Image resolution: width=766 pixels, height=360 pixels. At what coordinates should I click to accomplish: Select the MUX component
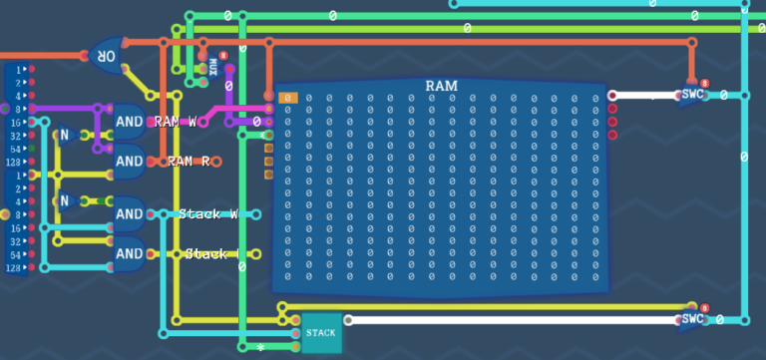tap(212, 67)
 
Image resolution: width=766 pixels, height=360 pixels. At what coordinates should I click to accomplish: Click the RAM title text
tap(441, 86)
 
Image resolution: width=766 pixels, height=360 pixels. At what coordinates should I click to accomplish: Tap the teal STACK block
tap(321, 332)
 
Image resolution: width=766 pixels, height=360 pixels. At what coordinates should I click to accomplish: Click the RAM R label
tap(188, 160)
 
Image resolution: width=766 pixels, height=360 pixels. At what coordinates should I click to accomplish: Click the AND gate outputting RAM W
tap(129, 121)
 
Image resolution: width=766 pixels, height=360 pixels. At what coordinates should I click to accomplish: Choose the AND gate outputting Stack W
tap(129, 213)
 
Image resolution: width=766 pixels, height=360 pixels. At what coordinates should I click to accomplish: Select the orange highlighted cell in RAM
tap(287, 98)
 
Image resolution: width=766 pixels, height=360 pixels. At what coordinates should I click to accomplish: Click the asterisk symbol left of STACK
tap(259, 348)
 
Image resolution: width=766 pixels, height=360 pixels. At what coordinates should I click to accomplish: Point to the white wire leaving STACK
tap(499, 320)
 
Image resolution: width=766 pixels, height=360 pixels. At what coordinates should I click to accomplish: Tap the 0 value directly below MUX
tap(228, 87)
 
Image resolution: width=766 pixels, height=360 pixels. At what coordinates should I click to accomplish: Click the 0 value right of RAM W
tap(256, 122)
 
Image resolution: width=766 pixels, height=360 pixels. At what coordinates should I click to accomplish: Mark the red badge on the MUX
tap(222, 56)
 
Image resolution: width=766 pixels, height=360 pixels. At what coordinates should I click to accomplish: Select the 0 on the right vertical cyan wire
tap(743, 157)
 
